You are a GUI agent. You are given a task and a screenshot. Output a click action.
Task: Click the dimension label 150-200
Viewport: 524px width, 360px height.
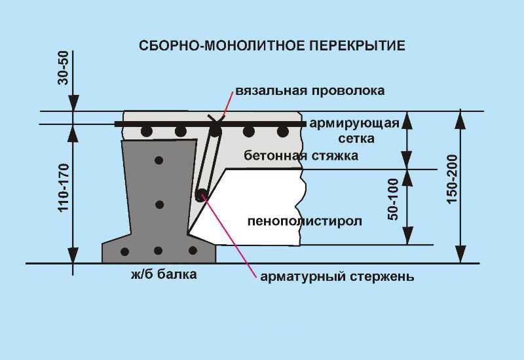point(452,179)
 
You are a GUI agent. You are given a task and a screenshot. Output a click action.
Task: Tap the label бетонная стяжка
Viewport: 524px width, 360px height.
point(301,156)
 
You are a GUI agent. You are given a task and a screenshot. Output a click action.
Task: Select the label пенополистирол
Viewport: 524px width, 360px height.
point(305,221)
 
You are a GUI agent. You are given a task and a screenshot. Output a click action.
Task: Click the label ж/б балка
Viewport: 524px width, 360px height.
point(164,274)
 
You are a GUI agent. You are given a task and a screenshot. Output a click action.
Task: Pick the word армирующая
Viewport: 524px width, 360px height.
point(354,123)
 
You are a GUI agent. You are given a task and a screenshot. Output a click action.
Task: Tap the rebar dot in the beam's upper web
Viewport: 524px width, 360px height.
point(159,160)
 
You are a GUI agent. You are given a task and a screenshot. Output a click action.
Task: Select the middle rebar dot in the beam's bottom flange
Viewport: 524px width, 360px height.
point(158,250)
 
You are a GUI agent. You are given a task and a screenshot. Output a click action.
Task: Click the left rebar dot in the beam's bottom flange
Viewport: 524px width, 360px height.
point(124,251)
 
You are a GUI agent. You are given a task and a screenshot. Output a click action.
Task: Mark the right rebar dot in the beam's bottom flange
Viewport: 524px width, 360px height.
point(192,250)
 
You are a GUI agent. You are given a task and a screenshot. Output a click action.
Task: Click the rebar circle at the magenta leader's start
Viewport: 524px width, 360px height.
point(202,194)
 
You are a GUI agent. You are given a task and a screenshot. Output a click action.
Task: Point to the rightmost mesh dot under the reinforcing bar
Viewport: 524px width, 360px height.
point(283,132)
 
